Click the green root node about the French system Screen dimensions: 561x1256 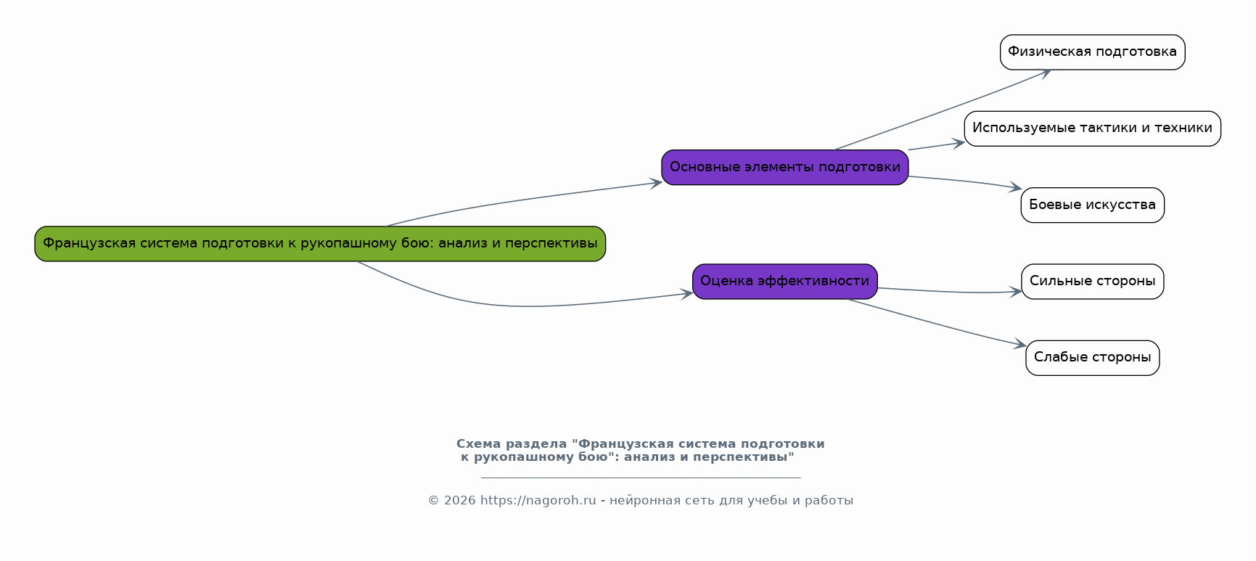(x=320, y=244)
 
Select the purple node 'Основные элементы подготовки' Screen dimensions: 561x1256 (x=784, y=168)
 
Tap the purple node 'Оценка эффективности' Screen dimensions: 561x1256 (x=784, y=282)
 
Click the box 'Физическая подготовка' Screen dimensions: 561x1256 (x=1092, y=52)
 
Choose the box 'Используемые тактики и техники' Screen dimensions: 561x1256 (x=1092, y=128)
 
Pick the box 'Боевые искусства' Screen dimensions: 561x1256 (x=1092, y=205)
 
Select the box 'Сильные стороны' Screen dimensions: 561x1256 (x=1092, y=282)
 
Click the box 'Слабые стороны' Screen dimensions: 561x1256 (x=1092, y=358)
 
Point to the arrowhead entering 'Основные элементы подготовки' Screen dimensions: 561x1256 (x=657, y=182)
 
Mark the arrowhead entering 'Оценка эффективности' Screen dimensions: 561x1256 (x=687, y=293)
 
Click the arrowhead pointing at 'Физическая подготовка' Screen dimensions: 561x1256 (x=1046, y=72)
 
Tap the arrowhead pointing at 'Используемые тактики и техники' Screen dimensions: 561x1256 (x=959, y=143)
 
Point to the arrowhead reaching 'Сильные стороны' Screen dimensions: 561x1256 (x=1016, y=292)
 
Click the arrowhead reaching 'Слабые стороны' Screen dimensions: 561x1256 (x=1020, y=345)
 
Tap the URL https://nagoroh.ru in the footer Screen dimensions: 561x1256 (x=538, y=501)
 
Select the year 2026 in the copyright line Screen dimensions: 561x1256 (x=459, y=501)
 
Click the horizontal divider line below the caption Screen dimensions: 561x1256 (x=640, y=478)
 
